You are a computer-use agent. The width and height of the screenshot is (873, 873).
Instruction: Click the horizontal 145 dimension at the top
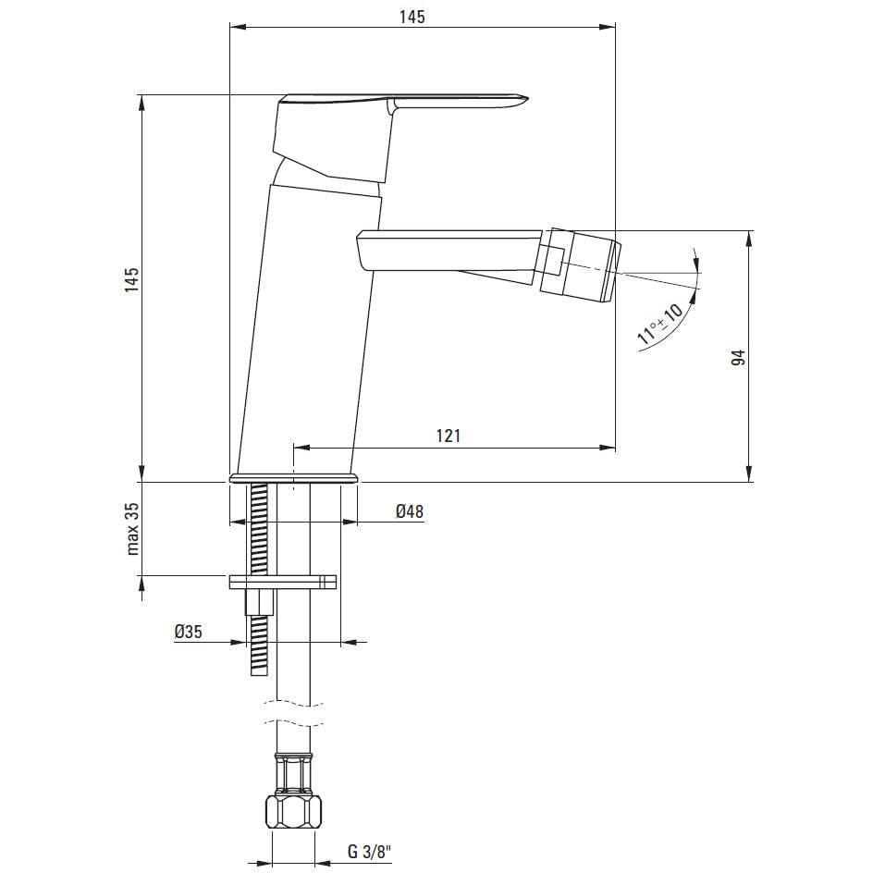[x=412, y=17]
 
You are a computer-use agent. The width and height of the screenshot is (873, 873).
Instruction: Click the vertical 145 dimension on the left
[x=131, y=280]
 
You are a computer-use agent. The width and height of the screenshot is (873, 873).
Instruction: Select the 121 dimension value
[x=449, y=436]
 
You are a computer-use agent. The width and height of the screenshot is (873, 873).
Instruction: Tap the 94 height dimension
[x=738, y=358]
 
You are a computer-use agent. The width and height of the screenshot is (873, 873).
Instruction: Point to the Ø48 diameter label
[x=410, y=511]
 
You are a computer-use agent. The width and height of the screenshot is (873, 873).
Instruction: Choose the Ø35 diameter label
[x=188, y=632]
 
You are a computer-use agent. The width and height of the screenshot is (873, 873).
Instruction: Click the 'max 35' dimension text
[x=132, y=530]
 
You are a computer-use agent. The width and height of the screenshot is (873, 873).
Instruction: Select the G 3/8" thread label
[x=370, y=852]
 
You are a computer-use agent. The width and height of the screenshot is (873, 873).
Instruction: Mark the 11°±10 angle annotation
[x=659, y=324]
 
